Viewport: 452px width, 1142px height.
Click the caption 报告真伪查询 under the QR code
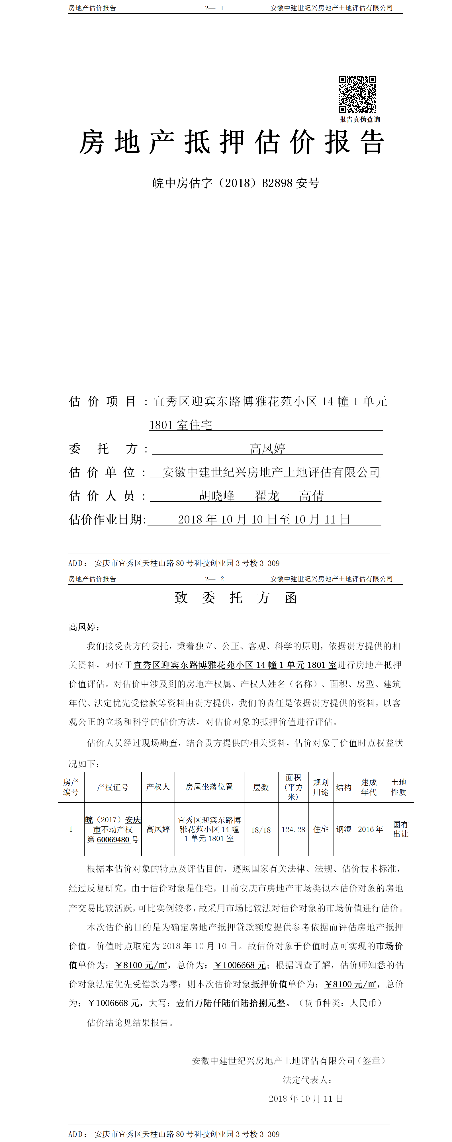pyautogui.click(x=360, y=119)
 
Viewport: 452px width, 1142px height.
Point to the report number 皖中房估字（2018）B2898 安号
pyautogui.click(x=236, y=183)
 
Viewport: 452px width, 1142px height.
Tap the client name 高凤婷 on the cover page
pyautogui.click(x=267, y=449)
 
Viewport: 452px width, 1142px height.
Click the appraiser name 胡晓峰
pyautogui.click(x=217, y=496)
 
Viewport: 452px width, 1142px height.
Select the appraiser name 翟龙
pyautogui.click(x=267, y=496)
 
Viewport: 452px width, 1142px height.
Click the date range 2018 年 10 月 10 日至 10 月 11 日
pyautogui.click(x=264, y=519)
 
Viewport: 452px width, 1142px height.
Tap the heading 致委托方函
pyautogui.click(x=236, y=597)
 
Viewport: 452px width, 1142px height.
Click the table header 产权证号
pyautogui.click(x=113, y=787)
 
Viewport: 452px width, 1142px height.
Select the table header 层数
pyautogui.click(x=261, y=787)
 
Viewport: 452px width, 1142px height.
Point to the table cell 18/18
pyautogui.click(x=261, y=830)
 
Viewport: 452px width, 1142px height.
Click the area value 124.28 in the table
pyautogui.click(x=293, y=829)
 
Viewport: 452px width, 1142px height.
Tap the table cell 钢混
pyautogui.click(x=344, y=829)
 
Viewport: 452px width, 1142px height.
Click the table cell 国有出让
pyautogui.click(x=400, y=829)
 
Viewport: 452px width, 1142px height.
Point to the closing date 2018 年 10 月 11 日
pyautogui.click(x=306, y=1098)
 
